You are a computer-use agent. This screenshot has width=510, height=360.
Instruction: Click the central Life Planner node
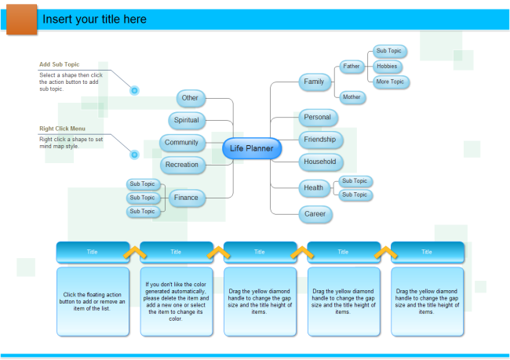click(x=251, y=148)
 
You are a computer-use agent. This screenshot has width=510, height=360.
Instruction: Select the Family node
click(x=314, y=82)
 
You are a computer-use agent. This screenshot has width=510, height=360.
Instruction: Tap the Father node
click(x=352, y=67)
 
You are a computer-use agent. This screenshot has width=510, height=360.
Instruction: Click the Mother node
click(x=352, y=97)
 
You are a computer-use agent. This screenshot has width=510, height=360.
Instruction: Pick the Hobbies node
click(x=388, y=67)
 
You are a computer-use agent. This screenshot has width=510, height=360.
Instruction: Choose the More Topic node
click(x=390, y=82)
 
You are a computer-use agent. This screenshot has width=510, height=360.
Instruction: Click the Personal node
click(x=317, y=118)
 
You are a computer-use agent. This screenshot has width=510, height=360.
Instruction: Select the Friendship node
click(x=319, y=140)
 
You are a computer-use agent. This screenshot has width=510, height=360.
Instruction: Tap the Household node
click(x=319, y=162)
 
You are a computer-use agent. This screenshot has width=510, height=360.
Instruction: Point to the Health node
click(x=313, y=187)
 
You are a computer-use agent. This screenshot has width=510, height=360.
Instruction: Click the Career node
click(x=315, y=213)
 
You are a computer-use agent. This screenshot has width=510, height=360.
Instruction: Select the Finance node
click(x=186, y=198)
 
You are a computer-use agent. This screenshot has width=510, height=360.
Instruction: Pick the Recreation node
click(x=182, y=165)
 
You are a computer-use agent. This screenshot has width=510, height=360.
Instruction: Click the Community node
click(x=182, y=143)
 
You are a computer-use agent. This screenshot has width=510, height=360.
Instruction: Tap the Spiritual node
click(x=186, y=120)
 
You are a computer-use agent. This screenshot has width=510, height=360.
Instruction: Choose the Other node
click(x=190, y=98)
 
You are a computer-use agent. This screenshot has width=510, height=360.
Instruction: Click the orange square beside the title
click(x=21, y=19)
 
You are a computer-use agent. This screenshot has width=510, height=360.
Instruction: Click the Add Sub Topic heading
click(x=59, y=64)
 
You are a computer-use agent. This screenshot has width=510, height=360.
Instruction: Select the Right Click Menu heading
click(x=62, y=129)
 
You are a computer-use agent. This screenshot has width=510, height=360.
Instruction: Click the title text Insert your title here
click(x=94, y=19)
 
